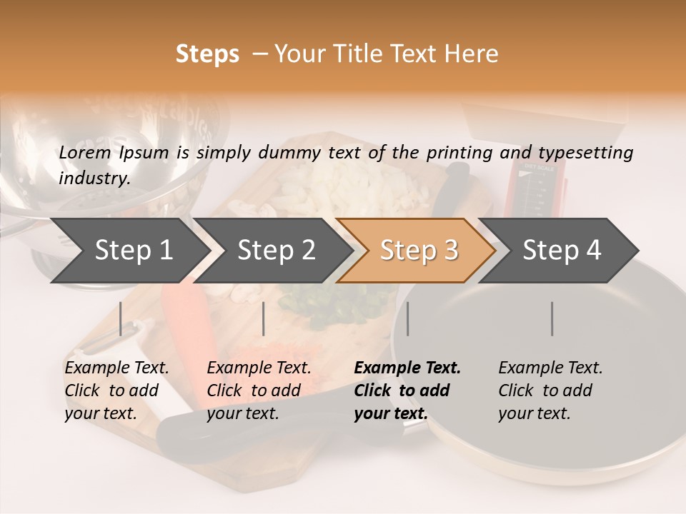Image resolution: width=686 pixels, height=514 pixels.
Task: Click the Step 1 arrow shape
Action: tap(129, 251)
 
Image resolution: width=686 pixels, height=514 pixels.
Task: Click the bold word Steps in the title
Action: tap(207, 54)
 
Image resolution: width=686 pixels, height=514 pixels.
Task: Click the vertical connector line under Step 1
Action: tap(121, 318)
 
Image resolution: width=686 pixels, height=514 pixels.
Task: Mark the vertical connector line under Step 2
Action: tap(264, 318)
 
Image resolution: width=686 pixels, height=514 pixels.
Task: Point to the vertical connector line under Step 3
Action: tap(408, 318)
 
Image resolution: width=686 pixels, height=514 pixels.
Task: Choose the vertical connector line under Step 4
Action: tap(552, 318)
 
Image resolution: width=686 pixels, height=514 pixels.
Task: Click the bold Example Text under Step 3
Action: tap(407, 368)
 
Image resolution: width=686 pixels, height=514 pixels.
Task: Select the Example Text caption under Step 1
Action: tap(116, 368)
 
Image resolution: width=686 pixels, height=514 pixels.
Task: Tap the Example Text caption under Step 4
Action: tap(550, 368)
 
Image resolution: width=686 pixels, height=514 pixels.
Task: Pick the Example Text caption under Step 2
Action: tap(259, 368)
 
